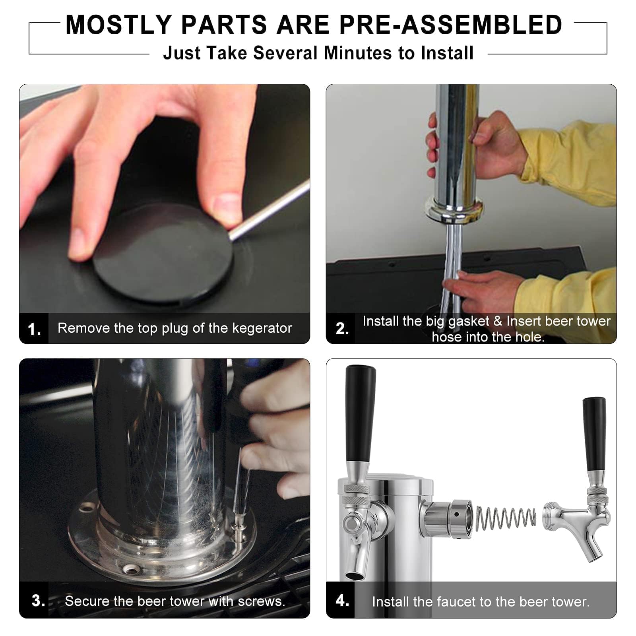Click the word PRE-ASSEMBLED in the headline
(450, 25)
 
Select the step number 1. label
(34, 329)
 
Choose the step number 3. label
(38, 600)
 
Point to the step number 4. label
(342, 600)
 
